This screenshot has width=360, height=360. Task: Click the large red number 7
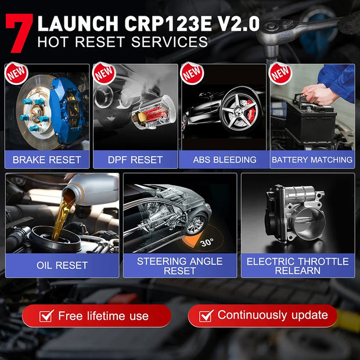coord(19,34)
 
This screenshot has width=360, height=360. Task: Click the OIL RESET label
coord(62,265)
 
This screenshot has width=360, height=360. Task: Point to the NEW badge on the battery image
coord(280,73)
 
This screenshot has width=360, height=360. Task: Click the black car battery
coord(311,119)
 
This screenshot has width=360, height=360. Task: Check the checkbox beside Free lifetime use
coord(46,316)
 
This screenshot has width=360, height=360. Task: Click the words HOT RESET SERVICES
coord(122,42)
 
